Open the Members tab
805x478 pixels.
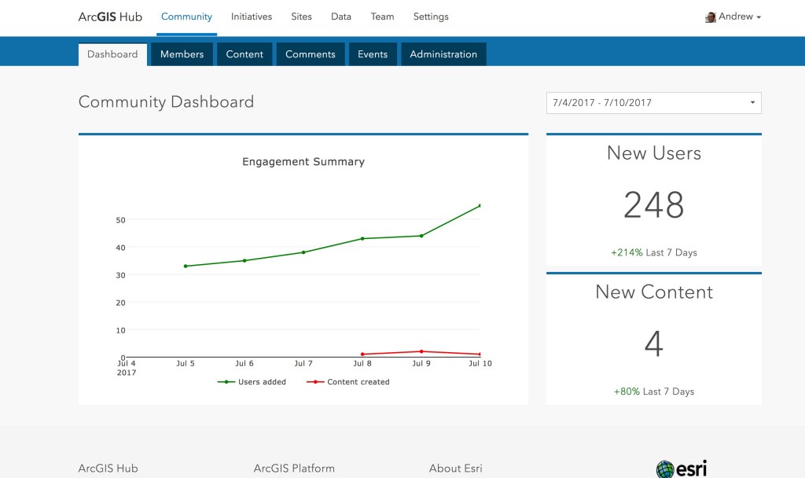coord(182,54)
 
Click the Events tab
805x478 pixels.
coord(373,54)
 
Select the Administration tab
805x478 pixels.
coord(443,54)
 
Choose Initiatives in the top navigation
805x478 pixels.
coord(252,17)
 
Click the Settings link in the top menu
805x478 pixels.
coord(431,17)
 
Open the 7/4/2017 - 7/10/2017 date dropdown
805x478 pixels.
coord(653,102)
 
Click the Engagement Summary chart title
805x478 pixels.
coord(303,162)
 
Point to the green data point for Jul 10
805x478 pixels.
coord(480,206)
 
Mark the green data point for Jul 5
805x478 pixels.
coord(186,266)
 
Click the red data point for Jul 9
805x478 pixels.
coord(421,351)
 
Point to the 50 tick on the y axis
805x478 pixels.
coord(120,220)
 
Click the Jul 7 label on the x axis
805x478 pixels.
coord(303,364)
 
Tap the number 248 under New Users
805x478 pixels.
coord(653,205)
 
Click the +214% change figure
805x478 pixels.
coord(627,252)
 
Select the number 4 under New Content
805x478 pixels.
coord(653,344)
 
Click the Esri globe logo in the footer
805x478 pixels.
coord(665,469)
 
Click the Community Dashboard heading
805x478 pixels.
coord(166,102)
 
